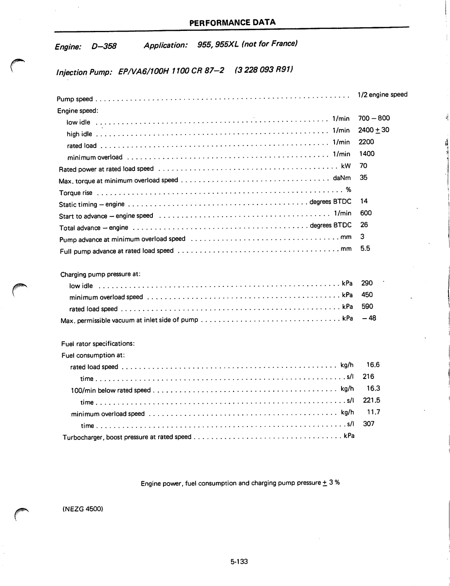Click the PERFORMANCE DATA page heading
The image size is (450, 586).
[232, 22]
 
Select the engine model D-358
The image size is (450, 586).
[104, 46]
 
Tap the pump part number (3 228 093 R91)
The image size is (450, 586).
[264, 70]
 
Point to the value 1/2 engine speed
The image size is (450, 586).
[382, 95]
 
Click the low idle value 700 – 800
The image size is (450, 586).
[374, 118]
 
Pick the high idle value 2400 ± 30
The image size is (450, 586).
[374, 130]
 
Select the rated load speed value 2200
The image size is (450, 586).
[366, 142]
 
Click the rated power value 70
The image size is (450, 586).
[363, 166]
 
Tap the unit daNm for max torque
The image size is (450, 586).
[341, 178]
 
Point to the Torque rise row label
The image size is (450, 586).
[76, 193]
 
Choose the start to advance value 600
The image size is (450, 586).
[365, 213]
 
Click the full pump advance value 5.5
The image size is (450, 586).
[365, 248]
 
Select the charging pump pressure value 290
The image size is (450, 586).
[367, 283]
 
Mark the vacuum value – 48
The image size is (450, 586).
[369, 318]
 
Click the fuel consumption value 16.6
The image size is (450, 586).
[373, 365]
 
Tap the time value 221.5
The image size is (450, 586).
[372, 400]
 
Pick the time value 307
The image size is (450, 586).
[369, 424]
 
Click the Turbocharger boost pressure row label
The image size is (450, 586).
[127, 437]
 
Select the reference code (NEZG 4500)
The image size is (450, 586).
[83, 509]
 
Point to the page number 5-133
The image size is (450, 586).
[239, 562]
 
